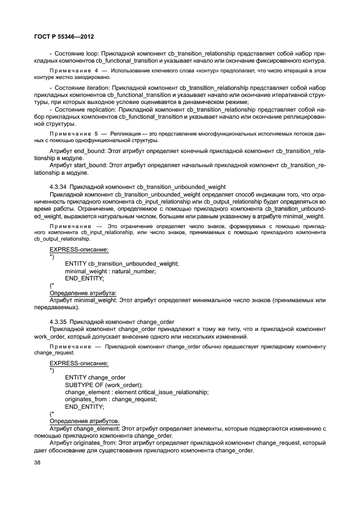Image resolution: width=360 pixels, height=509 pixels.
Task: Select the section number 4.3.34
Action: [58, 187]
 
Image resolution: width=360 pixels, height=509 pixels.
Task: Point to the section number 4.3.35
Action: [58, 322]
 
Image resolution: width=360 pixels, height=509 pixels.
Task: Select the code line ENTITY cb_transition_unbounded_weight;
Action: [121, 263]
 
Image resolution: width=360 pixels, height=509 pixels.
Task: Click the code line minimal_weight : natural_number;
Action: [110, 271]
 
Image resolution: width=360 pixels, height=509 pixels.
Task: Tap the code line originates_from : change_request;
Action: [110, 399]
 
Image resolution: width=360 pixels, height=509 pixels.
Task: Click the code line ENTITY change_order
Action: [95, 377]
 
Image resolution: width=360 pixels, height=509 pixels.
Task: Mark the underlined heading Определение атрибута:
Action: [83, 292]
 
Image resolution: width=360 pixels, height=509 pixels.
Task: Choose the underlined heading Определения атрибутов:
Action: [84, 421]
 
